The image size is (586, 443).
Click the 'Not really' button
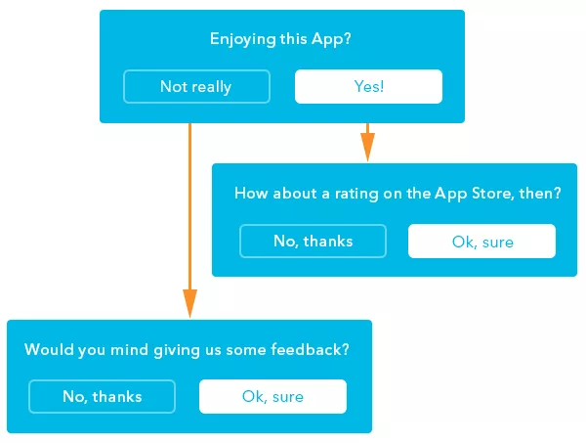(196, 86)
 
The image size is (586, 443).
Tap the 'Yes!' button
(368, 86)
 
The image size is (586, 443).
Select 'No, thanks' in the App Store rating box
(313, 241)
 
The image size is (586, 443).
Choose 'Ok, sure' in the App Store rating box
(482, 241)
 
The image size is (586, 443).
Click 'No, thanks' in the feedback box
(102, 397)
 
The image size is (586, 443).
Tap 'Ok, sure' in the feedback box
(272, 397)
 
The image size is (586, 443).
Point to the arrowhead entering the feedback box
(189, 303)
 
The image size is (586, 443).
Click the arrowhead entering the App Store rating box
(368, 147)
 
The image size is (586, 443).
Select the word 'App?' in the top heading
(331, 39)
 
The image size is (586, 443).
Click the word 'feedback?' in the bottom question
(310, 349)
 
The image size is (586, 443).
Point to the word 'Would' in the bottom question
(49, 349)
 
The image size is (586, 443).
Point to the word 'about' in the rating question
(295, 193)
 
